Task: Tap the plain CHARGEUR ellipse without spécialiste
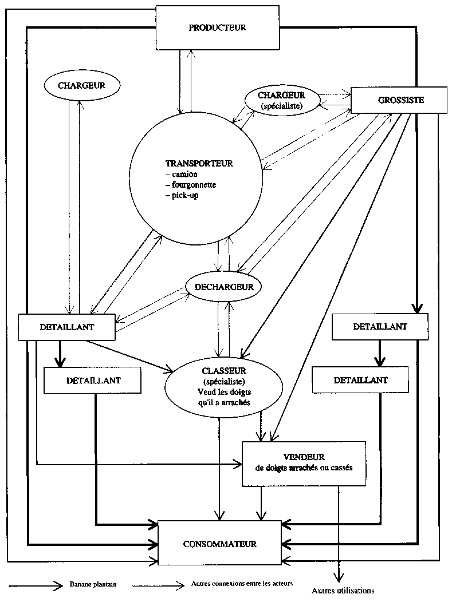click(x=82, y=85)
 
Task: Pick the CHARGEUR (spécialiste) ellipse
click(x=280, y=100)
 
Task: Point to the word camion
click(x=184, y=174)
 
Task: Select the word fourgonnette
click(x=191, y=185)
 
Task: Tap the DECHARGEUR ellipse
click(x=223, y=286)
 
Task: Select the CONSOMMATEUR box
click(x=220, y=543)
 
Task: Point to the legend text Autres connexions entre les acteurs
click(x=241, y=584)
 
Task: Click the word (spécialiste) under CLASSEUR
click(x=224, y=381)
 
